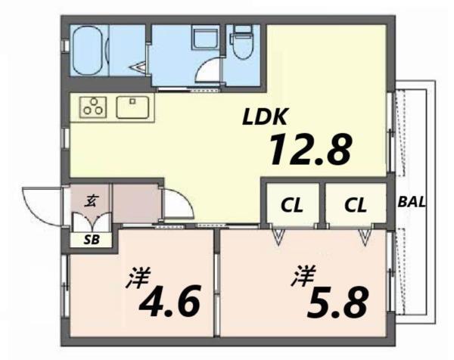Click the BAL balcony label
[x=412, y=203]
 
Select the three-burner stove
[x=95, y=107]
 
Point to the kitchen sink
[x=134, y=107]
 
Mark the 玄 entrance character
[x=90, y=200]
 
